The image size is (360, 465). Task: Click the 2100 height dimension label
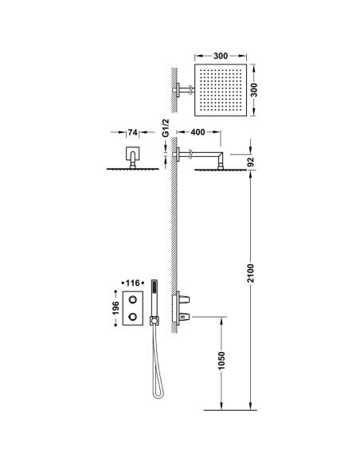coord(251,273)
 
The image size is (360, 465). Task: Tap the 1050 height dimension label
coord(221,361)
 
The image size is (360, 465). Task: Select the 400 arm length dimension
coord(198,132)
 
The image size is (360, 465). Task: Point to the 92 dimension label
coord(251,162)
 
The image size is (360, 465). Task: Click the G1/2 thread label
coord(166,128)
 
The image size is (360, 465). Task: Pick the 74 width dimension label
coord(132,132)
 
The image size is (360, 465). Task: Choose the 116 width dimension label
coord(132,283)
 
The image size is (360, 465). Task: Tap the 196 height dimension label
coord(115,308)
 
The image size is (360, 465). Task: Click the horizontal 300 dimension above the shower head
coord(221,56)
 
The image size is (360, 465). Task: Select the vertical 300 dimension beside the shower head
coord(254,90)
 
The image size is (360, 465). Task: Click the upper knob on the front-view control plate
coord(132,300)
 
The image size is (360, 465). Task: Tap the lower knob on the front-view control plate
coord(132,317)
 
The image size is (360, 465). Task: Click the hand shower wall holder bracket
coord(155,321)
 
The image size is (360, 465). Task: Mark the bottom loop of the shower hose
coord(158,395)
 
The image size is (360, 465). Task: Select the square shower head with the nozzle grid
coord(221,90)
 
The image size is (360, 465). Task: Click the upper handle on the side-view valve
coord(185,299)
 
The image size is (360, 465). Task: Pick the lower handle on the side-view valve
coord(185,318)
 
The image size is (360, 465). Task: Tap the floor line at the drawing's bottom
coord(230,410)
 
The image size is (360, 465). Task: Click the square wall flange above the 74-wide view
coord(132,153)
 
